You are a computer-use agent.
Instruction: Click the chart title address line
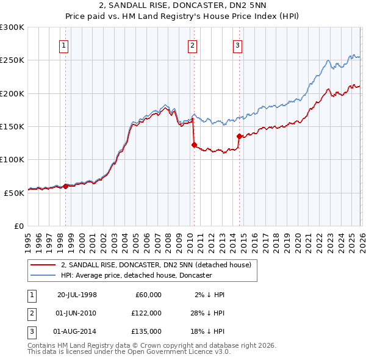182,5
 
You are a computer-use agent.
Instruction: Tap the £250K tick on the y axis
12,60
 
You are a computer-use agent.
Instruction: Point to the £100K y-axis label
12,159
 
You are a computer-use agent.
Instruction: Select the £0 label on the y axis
19,225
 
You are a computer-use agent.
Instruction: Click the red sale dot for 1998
66,186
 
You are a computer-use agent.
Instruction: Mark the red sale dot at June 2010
194,145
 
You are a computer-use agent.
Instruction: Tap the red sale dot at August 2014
239,137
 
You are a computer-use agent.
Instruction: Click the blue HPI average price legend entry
135,275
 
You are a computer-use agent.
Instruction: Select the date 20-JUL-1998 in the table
77,294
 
